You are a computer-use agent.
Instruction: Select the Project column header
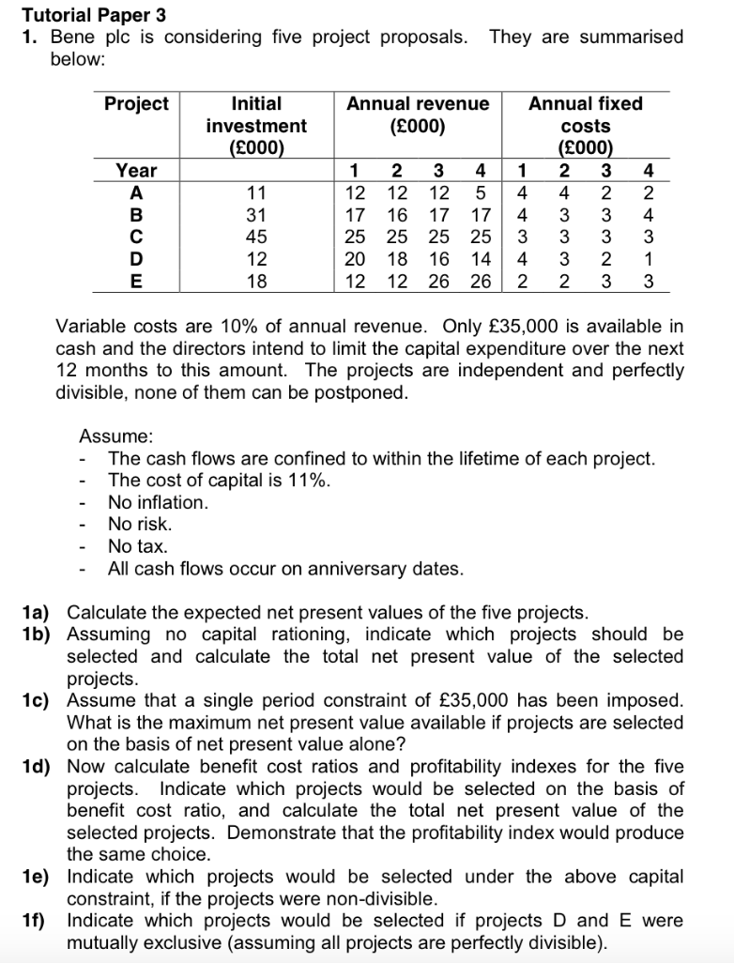click(136, 104)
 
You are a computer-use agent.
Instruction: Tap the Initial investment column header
click(255, 125)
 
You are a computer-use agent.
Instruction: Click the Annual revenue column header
click(418, 115)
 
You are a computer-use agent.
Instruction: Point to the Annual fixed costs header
click(585, 125)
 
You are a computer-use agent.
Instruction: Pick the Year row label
click(136, 170)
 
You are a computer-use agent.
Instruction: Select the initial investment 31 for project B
click(255, 214)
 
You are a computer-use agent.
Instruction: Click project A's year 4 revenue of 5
click(480, 192)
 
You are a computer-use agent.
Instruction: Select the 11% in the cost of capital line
click(308, 481)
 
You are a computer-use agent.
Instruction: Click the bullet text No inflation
click(158, 502)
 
